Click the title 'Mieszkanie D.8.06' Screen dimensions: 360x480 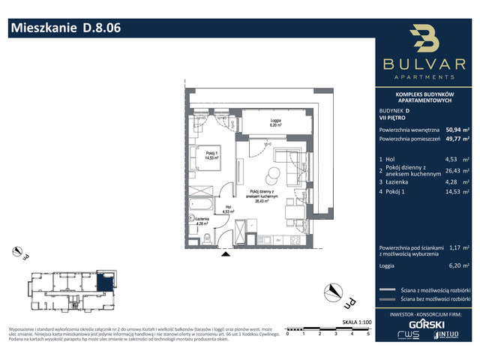click(x=64, y=29)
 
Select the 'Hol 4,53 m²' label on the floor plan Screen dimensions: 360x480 click(x=227, y=209)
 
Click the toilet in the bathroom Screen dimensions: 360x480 click(x=207, y=238)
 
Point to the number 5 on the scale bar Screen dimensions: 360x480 click(x=368, y=334)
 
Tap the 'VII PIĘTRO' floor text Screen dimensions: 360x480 click(x=394, y=117)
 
